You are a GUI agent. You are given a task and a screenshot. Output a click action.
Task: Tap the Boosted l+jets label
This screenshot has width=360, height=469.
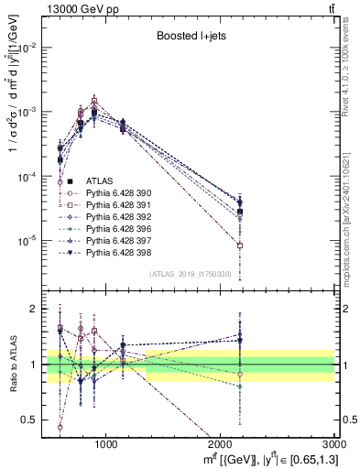tap(191, 37)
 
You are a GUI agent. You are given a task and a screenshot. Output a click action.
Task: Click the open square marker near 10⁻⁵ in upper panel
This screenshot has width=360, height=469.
tap(239, 245)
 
